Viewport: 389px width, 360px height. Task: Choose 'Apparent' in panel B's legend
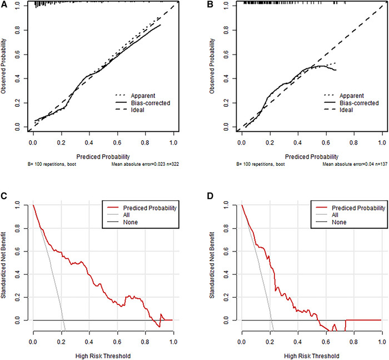coord(353,95)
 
